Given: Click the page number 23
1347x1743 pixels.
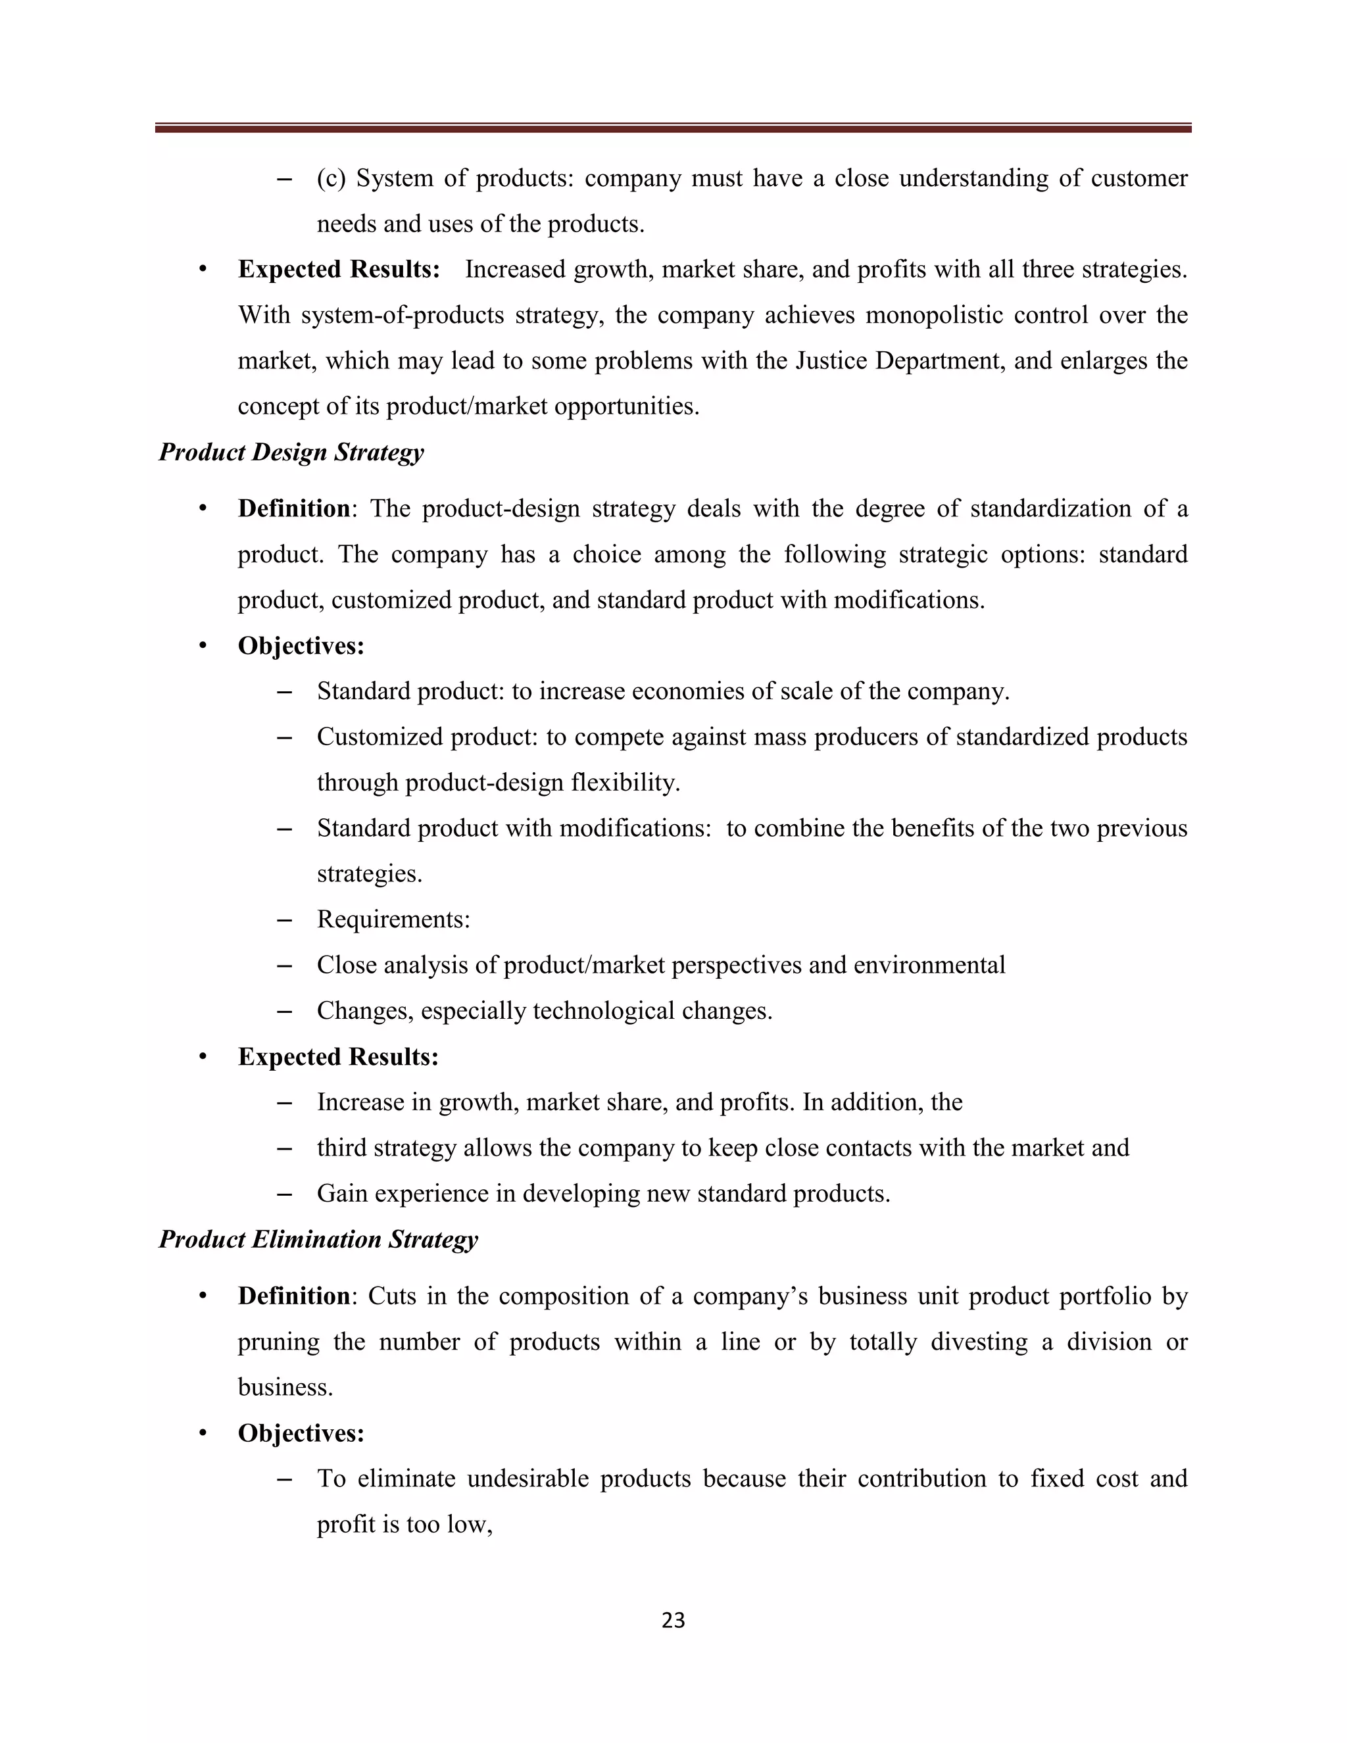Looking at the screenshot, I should [673, 1620].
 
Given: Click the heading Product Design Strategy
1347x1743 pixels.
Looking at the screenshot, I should [291, 453].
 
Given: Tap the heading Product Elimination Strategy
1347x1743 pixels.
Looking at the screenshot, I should [318, 1239].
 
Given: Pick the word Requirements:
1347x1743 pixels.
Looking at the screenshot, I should [393, 920].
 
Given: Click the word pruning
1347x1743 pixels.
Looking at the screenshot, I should [278, 1342].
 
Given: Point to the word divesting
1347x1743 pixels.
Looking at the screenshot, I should [978, 1342].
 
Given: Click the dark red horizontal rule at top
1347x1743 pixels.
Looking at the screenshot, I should [673, 128].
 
